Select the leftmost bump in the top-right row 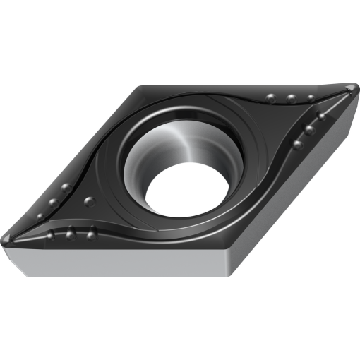[270, 95]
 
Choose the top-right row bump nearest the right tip [311, 97]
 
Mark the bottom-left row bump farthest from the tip [91, 234]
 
